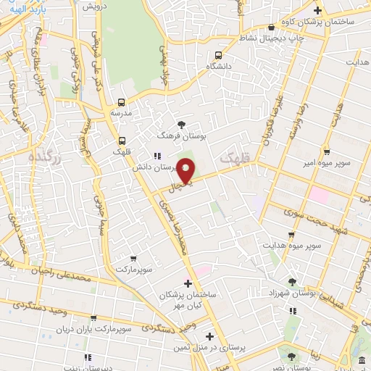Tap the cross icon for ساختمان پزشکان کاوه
coord(317,10)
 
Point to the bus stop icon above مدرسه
coord(122,102)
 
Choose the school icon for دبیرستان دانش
coord(157,155)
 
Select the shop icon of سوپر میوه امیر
coord(327,152)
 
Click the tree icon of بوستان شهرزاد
coord(292,282)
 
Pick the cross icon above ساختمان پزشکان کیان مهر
coord(188,283)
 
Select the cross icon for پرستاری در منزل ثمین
coord(209,336)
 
